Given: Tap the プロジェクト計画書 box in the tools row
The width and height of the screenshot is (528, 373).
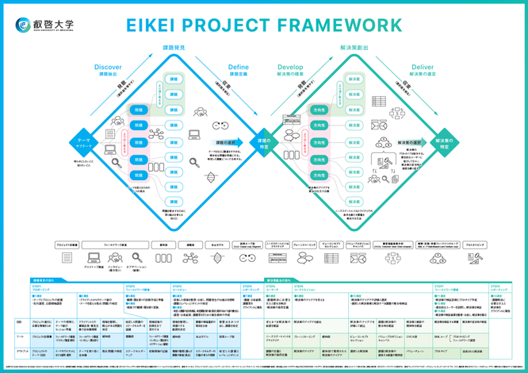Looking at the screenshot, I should coord(68,245).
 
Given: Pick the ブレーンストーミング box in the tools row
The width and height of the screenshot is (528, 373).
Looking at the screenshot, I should coord(304,245).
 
